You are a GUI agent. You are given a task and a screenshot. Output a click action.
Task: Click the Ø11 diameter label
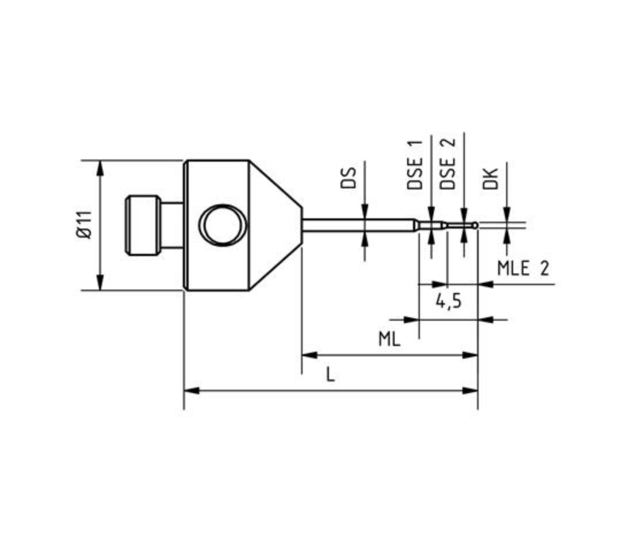(84, 225)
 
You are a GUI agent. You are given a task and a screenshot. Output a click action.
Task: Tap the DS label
(348, 178)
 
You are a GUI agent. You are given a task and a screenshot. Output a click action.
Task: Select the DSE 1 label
(415, 165)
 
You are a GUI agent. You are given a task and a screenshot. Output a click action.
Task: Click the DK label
(490, 178)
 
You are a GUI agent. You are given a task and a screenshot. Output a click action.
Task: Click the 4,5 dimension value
(448, 302)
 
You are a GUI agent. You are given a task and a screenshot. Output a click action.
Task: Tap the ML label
(389, 339)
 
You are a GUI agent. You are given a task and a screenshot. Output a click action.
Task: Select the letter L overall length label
(330, 375)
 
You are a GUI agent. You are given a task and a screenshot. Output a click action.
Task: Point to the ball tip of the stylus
(475, 225)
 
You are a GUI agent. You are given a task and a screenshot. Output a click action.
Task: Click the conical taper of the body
(275, 225)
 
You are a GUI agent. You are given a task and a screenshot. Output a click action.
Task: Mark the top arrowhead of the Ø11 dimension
(100, 168)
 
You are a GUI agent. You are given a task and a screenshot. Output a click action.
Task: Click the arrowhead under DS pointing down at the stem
(365, 212)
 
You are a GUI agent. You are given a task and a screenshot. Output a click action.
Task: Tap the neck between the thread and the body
(172, 225)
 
